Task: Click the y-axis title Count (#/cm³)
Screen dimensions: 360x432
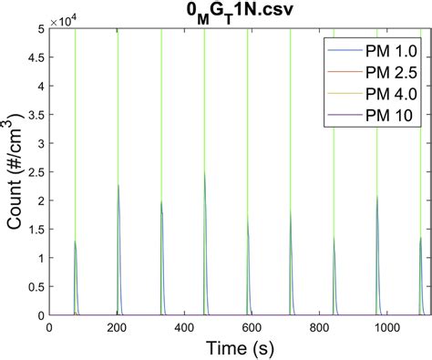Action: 15,172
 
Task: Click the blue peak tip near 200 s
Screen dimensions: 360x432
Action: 118,185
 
